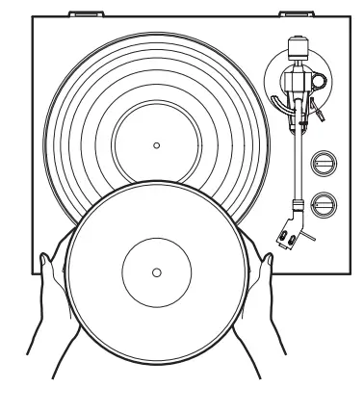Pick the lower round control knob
[x=321, y=202]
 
